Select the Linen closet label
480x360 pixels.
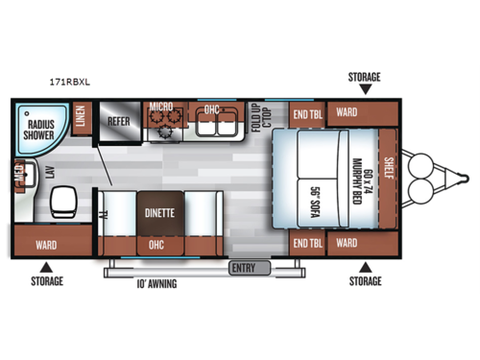pyautogui.click(x=81, y=118)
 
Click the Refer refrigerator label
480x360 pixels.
pyautogui.click(x=119, y=122)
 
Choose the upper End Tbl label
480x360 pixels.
pyautogui.click(x=307, y=112)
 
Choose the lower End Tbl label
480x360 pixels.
pyautogui.click(x=307, y=242)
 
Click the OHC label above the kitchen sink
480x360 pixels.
pyautogui.click(x=213, y=109)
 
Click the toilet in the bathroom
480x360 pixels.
pyautogui.click(x=64, y=201)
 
